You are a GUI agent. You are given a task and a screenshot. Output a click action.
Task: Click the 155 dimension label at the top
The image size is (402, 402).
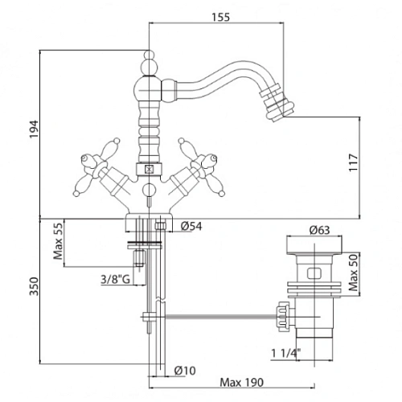(x=221, y=17)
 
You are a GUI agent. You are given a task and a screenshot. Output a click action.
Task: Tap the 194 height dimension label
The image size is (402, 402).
(x=34, y=129)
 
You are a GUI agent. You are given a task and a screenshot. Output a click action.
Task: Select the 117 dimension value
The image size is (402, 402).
(x=354, y=162)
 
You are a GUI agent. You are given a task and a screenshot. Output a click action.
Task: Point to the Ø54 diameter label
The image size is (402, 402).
(x=191, y=226)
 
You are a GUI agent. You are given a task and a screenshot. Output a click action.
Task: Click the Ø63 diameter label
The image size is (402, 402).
(x=319, y=230)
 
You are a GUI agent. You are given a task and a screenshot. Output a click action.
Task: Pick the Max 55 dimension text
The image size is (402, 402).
(x=59, y=241)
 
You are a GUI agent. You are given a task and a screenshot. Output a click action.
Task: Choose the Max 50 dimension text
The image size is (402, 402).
(x=354, y=273)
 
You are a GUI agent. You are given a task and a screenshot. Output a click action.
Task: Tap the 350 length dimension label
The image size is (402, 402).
(x=34, y=286)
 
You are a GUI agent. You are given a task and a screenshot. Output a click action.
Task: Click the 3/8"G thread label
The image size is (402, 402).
(x=115, y=280)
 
